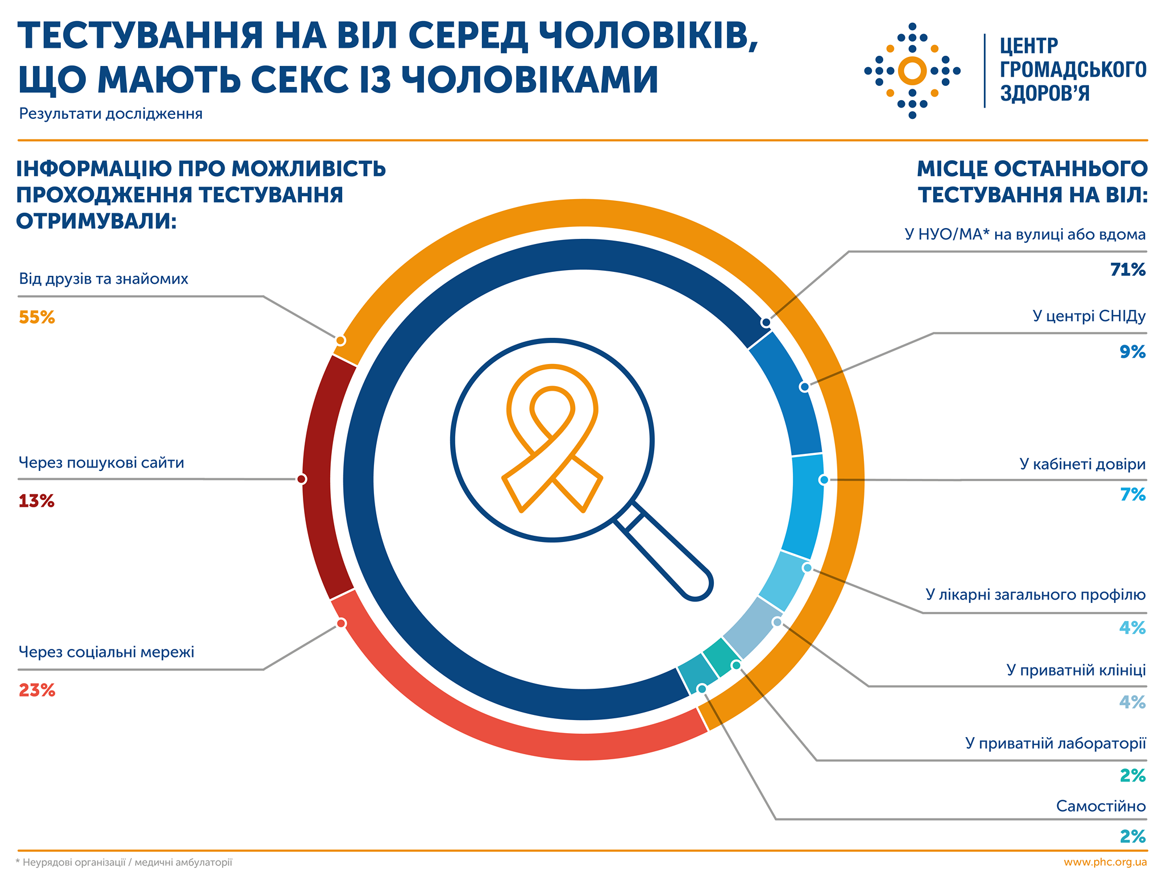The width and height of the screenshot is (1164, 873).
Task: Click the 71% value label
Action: coord(1128,270)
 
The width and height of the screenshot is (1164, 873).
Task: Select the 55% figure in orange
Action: coord(37,317)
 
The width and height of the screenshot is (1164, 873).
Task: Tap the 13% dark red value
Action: coord(36,501)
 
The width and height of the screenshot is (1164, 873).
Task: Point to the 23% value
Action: coord(37,690)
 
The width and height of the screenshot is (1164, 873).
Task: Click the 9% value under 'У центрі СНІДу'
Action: coord(1132,352)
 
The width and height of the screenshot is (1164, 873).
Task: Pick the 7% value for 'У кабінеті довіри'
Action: coord(1132,495)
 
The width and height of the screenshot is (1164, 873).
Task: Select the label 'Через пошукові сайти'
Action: coord(101,463)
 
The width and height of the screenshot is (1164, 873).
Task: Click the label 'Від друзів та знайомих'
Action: coord(103,279)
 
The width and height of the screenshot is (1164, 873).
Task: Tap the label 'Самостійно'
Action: coord(1100,806)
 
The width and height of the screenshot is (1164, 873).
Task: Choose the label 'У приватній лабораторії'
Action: coord(1055,743)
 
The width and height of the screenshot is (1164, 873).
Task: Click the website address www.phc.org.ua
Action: coord(1105,862)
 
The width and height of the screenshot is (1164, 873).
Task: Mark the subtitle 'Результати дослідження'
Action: coord(111,114)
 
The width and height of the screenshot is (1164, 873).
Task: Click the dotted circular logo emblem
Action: coord(912,71)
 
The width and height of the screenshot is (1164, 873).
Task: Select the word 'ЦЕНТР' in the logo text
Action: coord(1029,45)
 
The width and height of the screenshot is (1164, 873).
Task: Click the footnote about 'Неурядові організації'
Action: coord(124,863)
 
